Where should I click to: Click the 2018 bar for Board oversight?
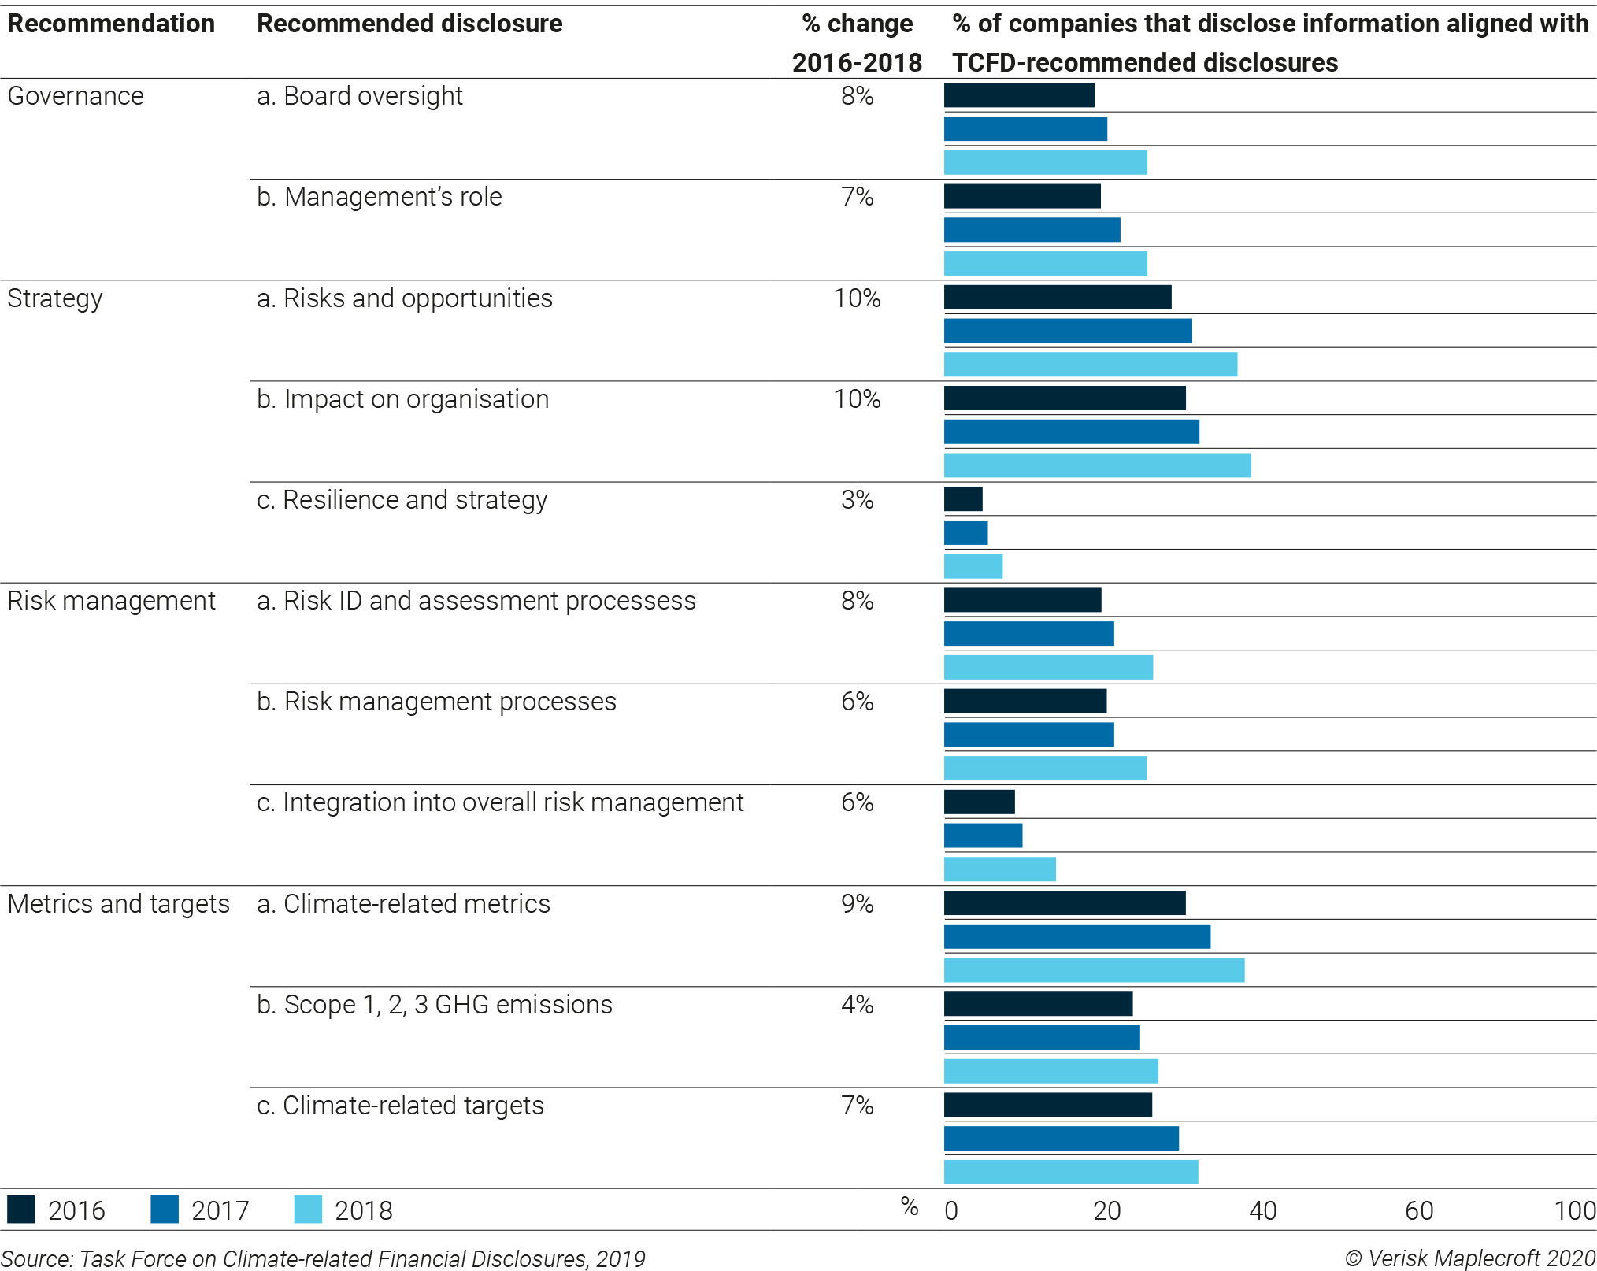(x=1045, y=162)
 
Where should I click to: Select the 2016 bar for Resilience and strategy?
(x=963, y=499)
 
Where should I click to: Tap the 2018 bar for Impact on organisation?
(x=1097, y=465)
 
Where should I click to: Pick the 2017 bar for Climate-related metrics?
(x=1076, y=936)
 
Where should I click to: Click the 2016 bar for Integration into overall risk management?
(x=979, y=802)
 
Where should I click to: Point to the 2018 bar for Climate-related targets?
(x=1071, y=1172)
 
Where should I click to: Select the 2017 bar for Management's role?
(x=1032, y=230)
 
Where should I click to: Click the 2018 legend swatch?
(x=308, y=1210)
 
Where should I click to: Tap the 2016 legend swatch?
(x=21, y=1210)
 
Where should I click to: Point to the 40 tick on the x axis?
(x=1262, y=1210)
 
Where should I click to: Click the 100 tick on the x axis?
(x=1574, y=1210)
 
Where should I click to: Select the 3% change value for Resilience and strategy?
(x=857, y=500)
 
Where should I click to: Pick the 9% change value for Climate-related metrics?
(x=857, y=903)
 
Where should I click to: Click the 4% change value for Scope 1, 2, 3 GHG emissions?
(x=857, y=1004)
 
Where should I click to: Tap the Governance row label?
(x=76, y=96)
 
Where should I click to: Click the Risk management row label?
(x=111, y=601)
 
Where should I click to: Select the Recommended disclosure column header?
(x=409, y=24)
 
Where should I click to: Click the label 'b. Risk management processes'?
(x=436, y=702)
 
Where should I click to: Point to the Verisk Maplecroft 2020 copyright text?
(x=1469, y=1258)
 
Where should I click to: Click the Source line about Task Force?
(x=323, y=1258)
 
